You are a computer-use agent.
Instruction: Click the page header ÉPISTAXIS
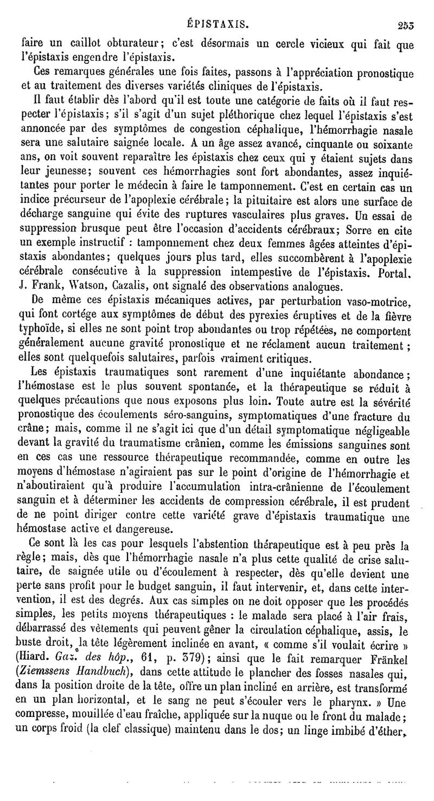pos(217,24)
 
